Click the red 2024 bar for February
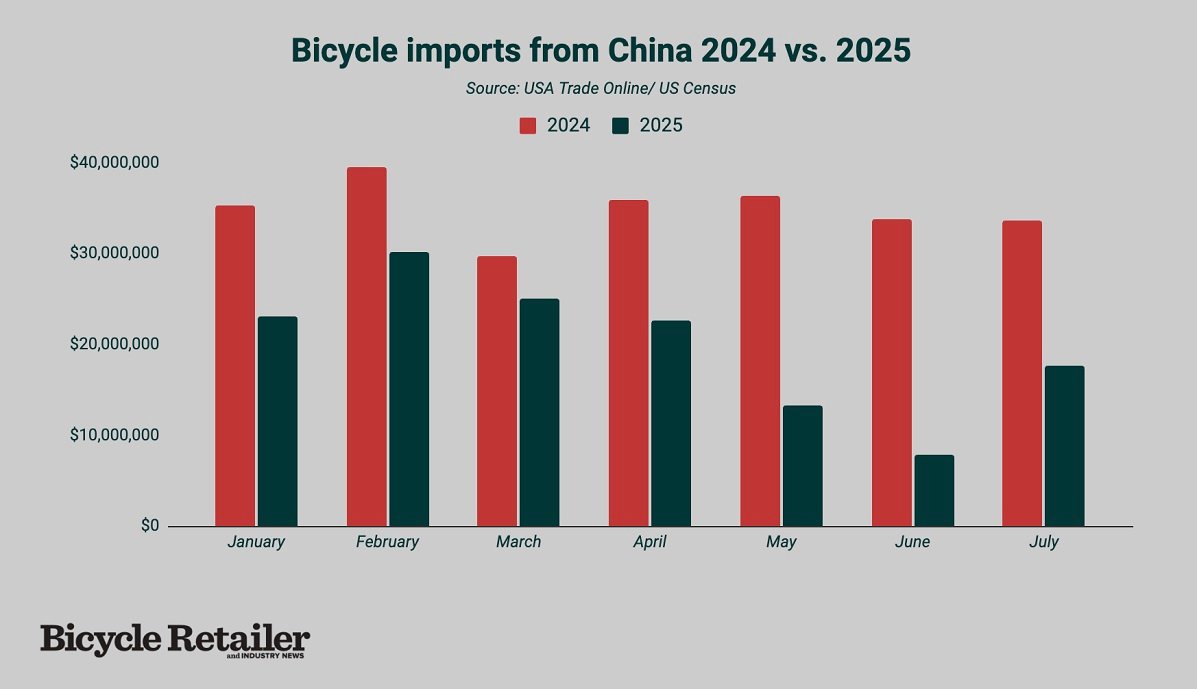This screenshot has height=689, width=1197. click(366, 346)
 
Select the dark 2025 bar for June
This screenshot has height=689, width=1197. click(933, 490)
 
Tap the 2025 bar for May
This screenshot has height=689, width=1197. click(802, 465)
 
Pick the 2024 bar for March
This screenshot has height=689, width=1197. click(497, 391)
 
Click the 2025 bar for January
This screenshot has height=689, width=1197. click(277, 421)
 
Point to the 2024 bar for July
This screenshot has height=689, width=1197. click(1021, 373)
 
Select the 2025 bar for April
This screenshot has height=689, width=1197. click(670, 423)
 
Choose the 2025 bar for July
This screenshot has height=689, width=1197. click(1064, 446)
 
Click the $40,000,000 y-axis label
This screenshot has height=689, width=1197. click(114, 162)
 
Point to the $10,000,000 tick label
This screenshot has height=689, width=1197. click(114, 435)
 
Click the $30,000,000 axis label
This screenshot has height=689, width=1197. click(114, 253)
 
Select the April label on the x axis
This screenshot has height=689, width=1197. click(649, 542)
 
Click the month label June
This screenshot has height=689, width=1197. click(912, 542)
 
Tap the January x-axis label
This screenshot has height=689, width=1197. click(256, 542)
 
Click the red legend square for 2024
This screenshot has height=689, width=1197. click(527, 126)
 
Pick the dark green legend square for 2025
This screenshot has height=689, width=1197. click(621, 126)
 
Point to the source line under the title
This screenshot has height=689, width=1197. click(600, 88)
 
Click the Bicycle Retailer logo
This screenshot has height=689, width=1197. click(175, 640)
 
